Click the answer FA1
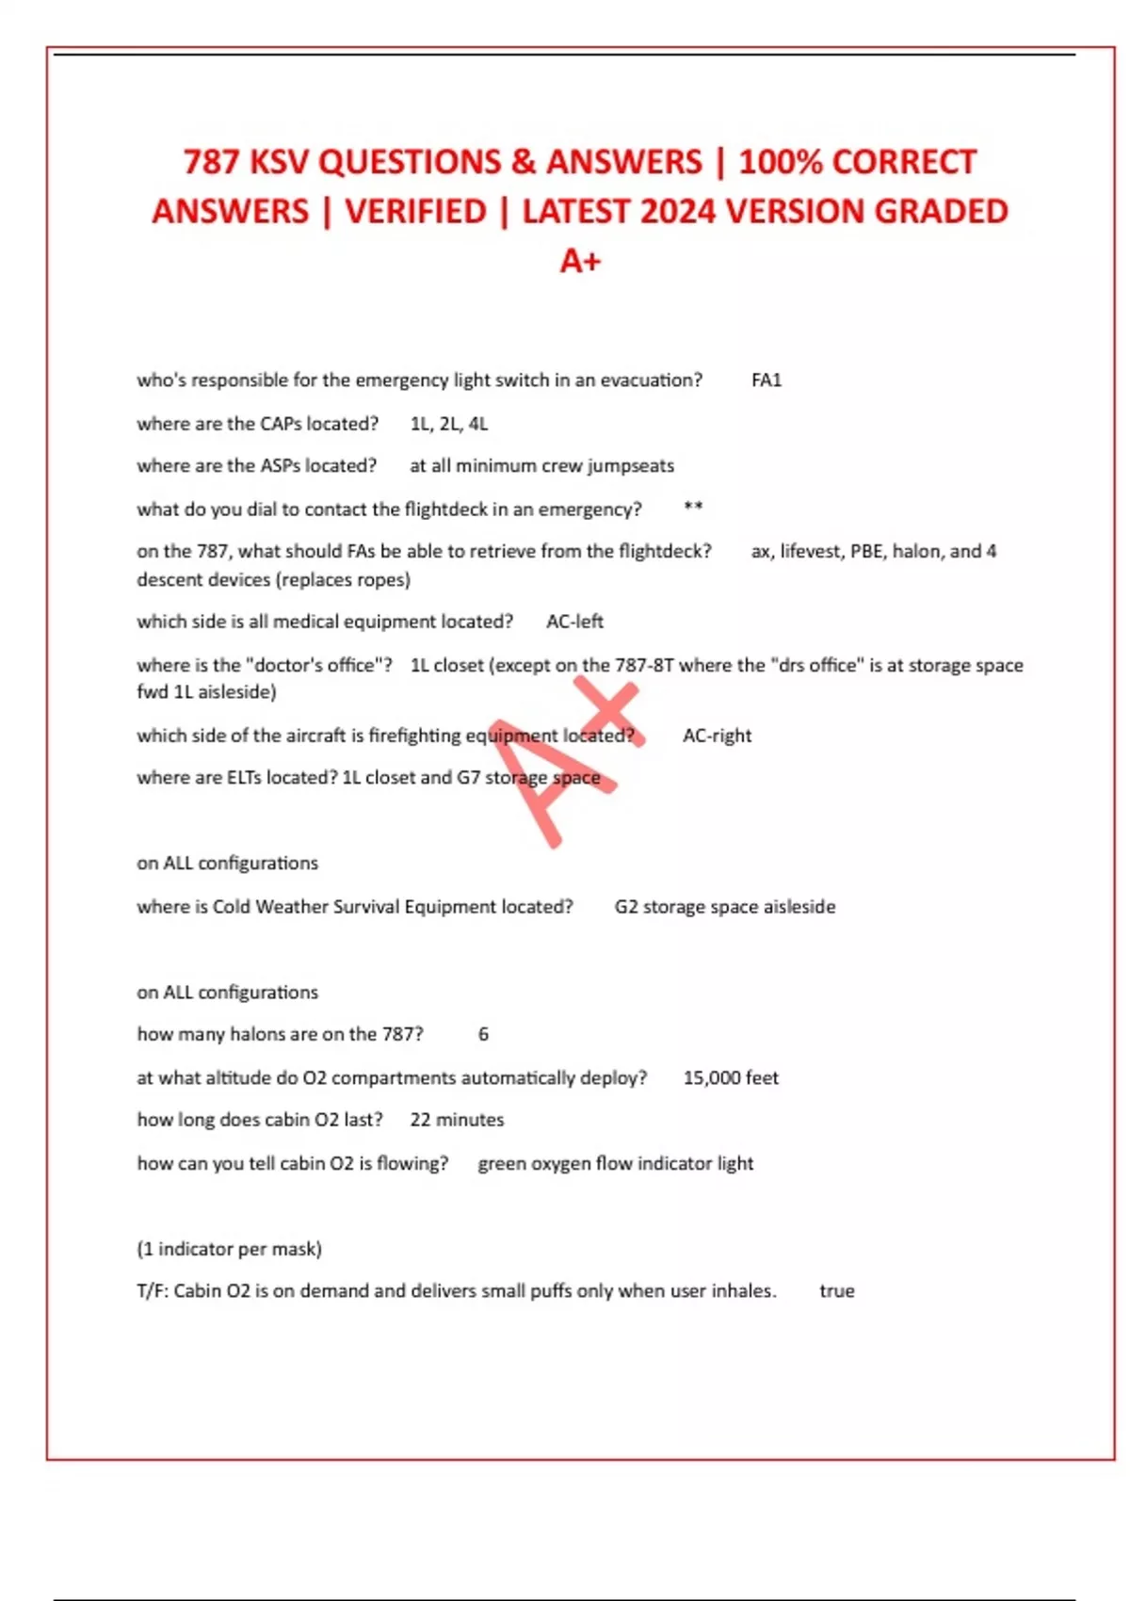point(767,380)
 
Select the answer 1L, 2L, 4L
point(449,424)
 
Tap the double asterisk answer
point(693,508)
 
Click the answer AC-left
point(574,622)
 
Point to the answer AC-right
point(717,736)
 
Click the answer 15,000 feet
point(731,1077)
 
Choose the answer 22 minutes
point(457,1120)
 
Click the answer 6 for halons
point(483,1034)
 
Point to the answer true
point(837,1291)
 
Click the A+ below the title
point(580,261)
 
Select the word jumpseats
point(631,465)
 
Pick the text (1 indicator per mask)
point(229,1249)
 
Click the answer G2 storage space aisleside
point(725,907)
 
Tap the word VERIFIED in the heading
point(415,212)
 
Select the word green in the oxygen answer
point(502,1163)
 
